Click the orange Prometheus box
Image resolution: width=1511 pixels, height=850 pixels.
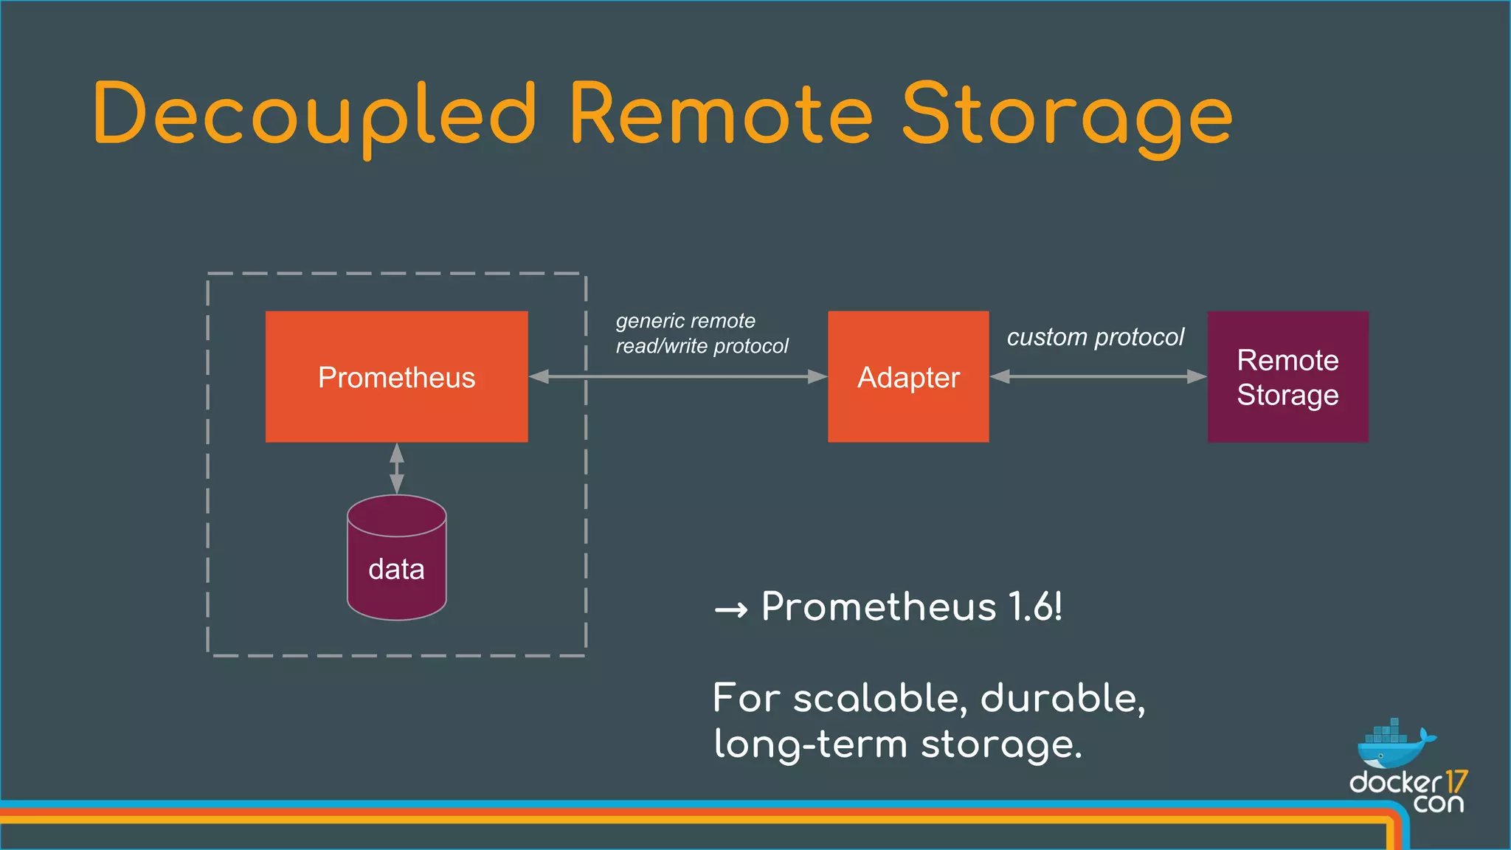[x=396, y=376]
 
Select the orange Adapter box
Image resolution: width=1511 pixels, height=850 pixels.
[x=908, y=376]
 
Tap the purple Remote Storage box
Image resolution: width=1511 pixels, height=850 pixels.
[x=1287, y=376]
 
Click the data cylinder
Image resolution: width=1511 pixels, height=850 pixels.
[x=396, y=561]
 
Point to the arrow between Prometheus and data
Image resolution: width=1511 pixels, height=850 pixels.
[x=397, y=469]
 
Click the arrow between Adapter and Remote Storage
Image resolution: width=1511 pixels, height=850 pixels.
[x=1098, y=376]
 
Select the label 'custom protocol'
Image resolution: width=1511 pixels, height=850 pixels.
[x=1095, y=337]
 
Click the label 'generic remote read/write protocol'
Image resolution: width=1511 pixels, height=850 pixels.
[x=701, y=334]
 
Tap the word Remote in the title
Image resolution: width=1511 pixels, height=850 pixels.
[x=721, y=114]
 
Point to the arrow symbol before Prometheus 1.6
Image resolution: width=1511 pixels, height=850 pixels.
[x=731, y=610]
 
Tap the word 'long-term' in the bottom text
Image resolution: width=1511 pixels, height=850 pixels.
[x=809, y=744]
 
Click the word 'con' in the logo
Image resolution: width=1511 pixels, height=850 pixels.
[x=1438, y=803]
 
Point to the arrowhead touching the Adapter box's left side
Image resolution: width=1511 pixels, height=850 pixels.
[x=818, y=376]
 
